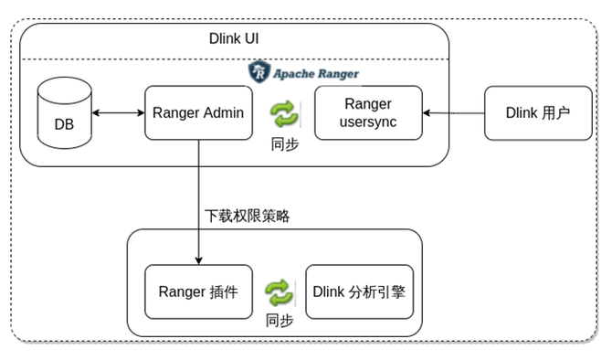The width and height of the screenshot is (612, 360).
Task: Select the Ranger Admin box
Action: (198, 113)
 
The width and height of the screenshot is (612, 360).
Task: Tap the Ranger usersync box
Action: (367, 113)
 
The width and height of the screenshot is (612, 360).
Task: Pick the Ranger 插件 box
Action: (198, 291)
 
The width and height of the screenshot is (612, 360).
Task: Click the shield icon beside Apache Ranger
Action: (259, 72)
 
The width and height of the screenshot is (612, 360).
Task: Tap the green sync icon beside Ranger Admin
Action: (283, 114)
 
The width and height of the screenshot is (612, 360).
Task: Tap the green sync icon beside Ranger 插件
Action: (279, 292)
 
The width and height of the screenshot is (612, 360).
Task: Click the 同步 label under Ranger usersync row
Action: (284, 143)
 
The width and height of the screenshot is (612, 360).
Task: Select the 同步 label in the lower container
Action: (279, 321)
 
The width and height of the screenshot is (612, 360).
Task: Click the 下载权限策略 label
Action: (247, 217)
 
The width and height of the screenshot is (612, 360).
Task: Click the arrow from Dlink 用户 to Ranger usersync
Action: (453, 113)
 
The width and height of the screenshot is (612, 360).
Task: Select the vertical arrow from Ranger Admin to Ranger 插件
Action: (198, 201)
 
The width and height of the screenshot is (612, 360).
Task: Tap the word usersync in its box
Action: (367, 122)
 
